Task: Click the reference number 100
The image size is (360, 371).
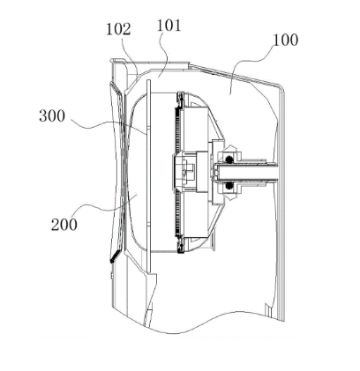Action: (286, 40)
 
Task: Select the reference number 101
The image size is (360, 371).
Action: (169, 26)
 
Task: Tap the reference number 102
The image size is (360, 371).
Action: (118, 29)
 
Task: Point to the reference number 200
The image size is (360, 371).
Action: (64, 225)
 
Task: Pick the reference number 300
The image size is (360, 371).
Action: (52, 116)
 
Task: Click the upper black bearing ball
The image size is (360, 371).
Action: (229, 160)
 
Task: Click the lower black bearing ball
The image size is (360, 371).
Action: (229, 186)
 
